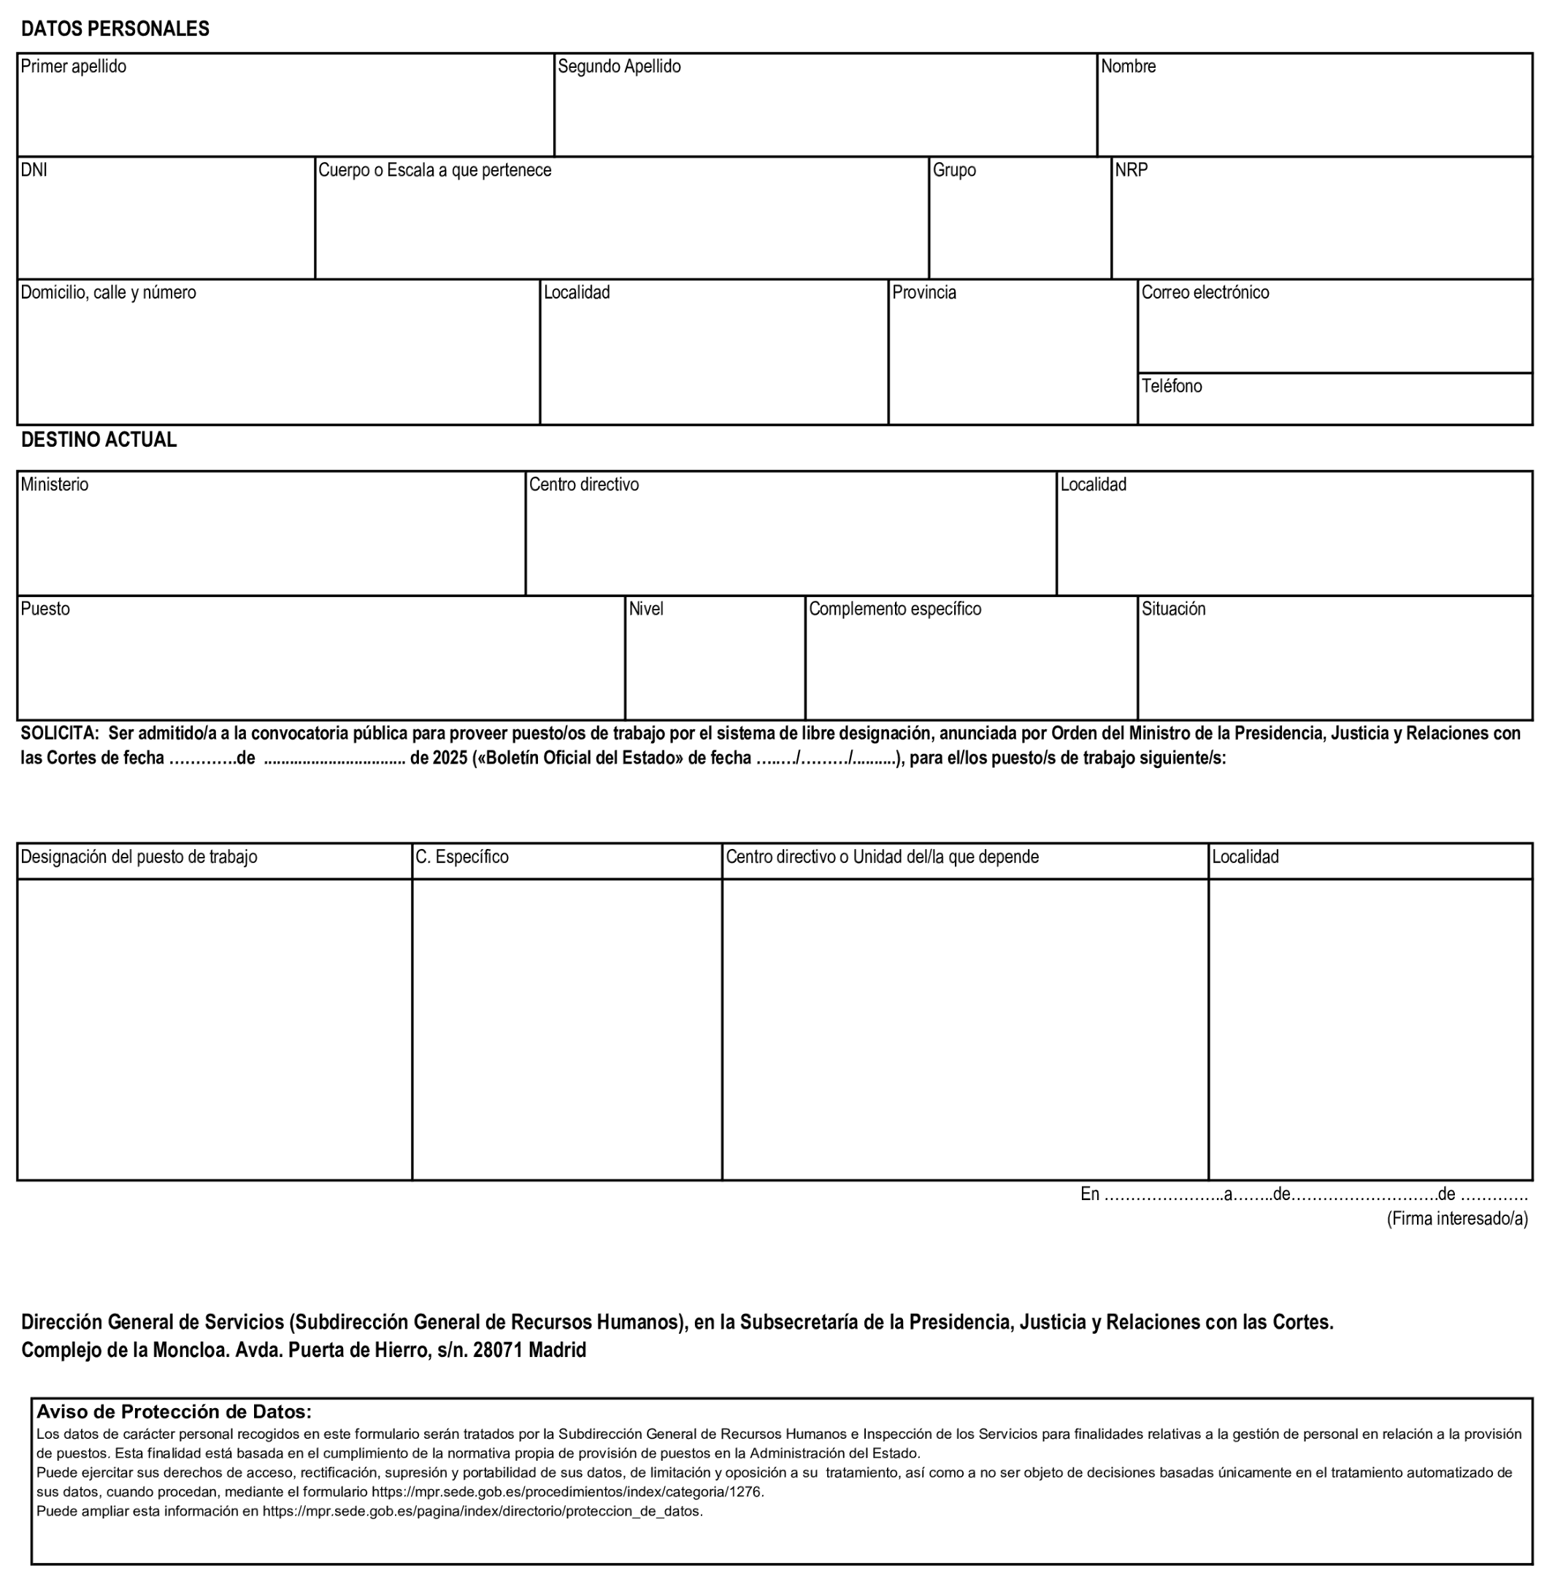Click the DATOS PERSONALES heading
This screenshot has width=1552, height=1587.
pyautogui.click(x=115, y=28)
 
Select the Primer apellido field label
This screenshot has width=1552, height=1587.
pyautogui.click(x=73, y=67)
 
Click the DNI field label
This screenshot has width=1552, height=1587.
pyautogui.click(x=34, y=170)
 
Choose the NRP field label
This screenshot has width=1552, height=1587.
pyautogui.click(x=1132, y=170)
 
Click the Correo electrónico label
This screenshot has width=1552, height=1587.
pyautogui.click(x=1205, y=293)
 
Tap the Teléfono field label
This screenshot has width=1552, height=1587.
pyautogui.click(x=1172, y=386)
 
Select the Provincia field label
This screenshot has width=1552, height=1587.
pyautogui.click(x=923, y=293)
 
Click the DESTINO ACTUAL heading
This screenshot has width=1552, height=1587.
pyautogui.click(x=99, y=440)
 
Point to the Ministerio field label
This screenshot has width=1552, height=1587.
pyautogui.click(x=55, y=485)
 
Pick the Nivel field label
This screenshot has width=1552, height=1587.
pyautogui.click(x=646, y=610)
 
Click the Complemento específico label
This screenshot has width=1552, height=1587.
pyautogui.click(x=894, y=610)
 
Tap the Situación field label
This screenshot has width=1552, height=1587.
pyautogui.click(x=1173, y=610)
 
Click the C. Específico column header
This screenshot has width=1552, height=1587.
pyautogui.click(x=461, y=858)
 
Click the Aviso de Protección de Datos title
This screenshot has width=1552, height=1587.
pyautogui.click(x=174, y=1412)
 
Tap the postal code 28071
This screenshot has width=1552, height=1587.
pyautogui.click(x=497, y=1350)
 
